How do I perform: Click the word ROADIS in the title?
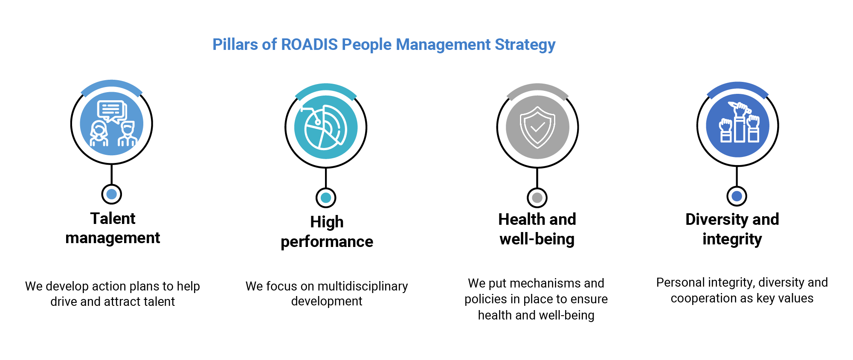click(309, 44)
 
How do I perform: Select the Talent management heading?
click(113, 228)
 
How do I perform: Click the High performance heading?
click(327, 231)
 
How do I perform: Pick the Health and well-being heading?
click(537, 229)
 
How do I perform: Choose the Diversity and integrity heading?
click(732, 229)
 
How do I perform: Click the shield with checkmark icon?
click(537, 127)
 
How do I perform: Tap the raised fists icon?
click(737, 125)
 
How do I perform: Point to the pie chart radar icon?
click(326, 127)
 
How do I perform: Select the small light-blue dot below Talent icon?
click(111, 195)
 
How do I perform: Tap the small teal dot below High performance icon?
click(326, 197)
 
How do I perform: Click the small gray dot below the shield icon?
click(537, 197)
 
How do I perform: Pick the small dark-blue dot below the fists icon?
click(737, 196)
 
